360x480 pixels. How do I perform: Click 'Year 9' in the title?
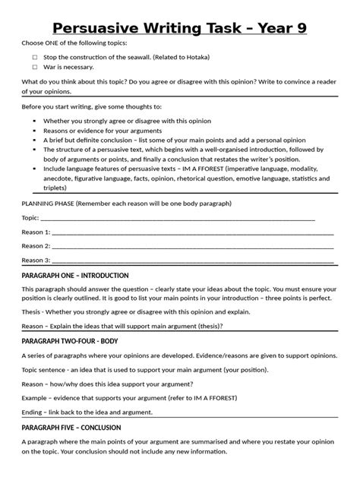tap(289, 28)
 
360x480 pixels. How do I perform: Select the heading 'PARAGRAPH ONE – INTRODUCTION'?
tap(75, 275)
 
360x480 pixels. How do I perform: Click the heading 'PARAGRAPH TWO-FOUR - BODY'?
tap(70, 342)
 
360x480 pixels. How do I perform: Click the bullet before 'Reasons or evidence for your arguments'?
tap(36, 131)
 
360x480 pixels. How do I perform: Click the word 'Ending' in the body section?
tap(33, 412)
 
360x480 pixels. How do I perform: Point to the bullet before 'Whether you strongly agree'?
tap(36, 121)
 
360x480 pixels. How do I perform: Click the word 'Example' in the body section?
tap(35, 397)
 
